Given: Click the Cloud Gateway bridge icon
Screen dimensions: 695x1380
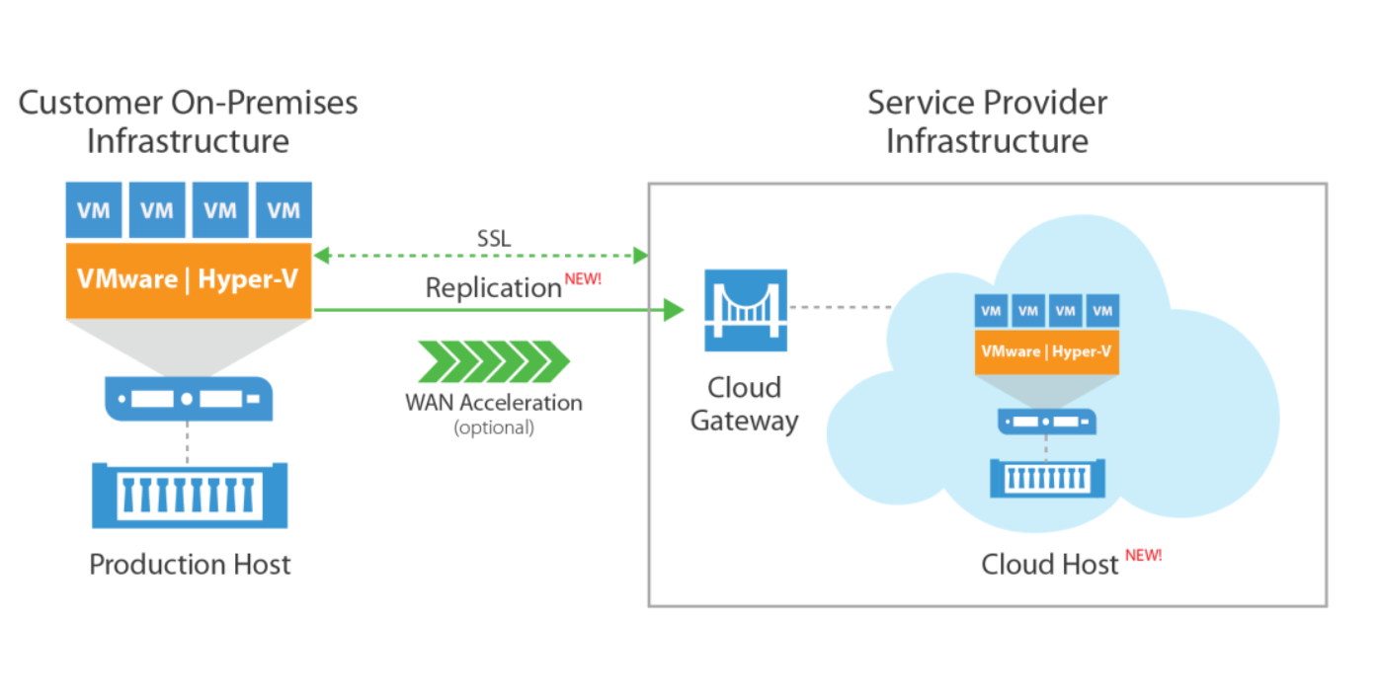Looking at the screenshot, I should point(745,310).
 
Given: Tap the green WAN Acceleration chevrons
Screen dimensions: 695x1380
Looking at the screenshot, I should point(494,361).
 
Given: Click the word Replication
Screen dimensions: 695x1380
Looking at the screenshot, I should point(493,288).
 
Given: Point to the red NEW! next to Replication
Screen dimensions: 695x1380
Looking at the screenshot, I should point(583,279).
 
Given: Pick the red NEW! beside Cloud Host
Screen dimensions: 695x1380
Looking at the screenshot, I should point(1143,555).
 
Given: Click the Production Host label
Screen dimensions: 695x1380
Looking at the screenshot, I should point(190,565).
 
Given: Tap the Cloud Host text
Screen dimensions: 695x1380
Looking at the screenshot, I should point(1049,565).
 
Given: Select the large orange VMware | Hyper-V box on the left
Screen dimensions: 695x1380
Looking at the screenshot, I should point(189,280).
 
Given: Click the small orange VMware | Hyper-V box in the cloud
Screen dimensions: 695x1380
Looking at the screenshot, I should point(1046,351).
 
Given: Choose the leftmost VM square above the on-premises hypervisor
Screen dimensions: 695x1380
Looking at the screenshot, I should point(94,209).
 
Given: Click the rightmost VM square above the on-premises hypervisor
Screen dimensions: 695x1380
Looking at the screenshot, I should point(284,209).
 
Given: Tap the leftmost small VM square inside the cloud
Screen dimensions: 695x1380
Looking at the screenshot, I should point(992,311).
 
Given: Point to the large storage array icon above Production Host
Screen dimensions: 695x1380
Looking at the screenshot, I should point(189,494).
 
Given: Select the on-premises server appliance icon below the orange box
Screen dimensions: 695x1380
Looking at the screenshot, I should point(189,400).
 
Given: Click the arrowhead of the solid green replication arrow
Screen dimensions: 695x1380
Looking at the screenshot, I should point(673,310).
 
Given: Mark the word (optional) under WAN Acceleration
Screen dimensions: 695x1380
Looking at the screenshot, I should point(493,427).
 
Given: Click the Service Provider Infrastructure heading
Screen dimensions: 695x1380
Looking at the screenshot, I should point(987,121).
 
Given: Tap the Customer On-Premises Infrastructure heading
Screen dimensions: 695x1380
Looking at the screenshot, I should point(188,121).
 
